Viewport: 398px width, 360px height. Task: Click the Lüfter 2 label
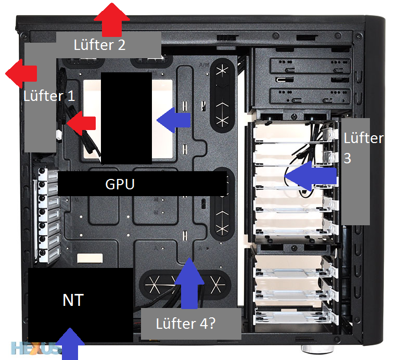pos(100,45)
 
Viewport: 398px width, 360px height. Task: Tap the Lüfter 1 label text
pos(49,96)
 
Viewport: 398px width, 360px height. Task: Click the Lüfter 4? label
pos(186,324)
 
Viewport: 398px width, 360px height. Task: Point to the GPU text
pos(120,184)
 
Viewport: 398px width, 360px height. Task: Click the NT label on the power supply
pos(73,300)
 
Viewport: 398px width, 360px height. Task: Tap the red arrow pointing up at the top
pos(112,20)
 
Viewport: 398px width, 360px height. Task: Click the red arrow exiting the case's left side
pos(21,74)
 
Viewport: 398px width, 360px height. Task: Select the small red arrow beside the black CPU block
pos(81,123)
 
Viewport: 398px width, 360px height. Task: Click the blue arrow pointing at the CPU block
pos(174,120)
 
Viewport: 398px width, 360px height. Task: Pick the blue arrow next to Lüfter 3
pos(311,176)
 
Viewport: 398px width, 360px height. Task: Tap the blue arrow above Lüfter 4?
pos(189,284)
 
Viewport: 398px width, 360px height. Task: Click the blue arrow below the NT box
pos(70,344)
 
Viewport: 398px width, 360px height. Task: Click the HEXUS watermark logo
pos(36,348)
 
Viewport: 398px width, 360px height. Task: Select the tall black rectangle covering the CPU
pos(126,118)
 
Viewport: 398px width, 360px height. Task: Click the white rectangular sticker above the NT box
pos(90,258)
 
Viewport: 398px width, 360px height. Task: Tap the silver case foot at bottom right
pos(311,349)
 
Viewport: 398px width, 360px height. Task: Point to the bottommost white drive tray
pos(294,317)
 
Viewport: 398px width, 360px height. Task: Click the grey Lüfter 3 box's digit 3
pos(348,158)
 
